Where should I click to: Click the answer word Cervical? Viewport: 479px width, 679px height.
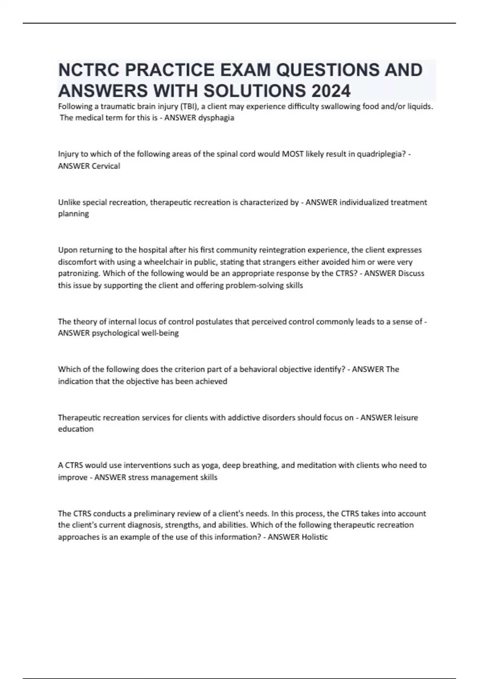pyautogui.click(x=106, y=166)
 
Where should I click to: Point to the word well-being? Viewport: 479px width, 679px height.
pyautogui.click(x=160, y=333)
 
